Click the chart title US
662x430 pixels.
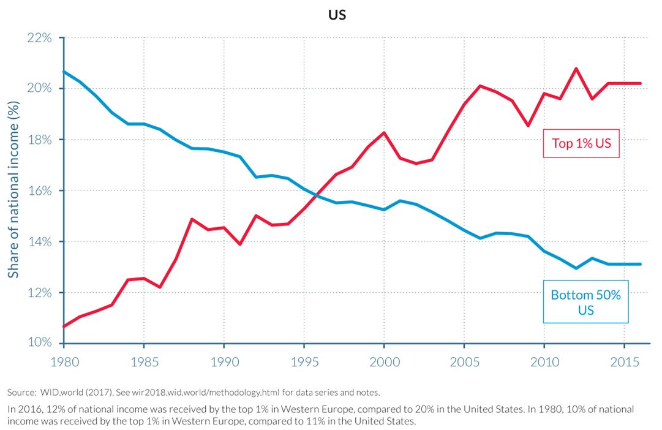coord(337,15)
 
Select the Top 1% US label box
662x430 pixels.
coord(581,144)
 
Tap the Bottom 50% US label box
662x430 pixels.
coord(585,302)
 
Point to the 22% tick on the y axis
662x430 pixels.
coord(40,37)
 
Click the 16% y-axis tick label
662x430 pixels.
coord(40,190)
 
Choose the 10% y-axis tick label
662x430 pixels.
coord(40,342)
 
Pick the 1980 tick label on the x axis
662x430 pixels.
coord(64,362)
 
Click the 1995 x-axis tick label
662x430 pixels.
coord(304,362)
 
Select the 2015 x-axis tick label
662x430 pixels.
coord(624,362)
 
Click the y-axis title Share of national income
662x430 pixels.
coord(13,190)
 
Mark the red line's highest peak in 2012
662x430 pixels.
coord(576,69)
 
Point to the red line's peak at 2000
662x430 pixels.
coord(384,132)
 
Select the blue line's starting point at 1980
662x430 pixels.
coord(64,72)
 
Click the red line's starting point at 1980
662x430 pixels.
coord(64,326)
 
